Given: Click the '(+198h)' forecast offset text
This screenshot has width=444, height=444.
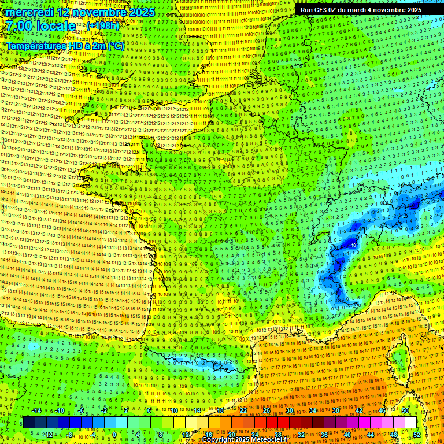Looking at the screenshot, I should click(x=103, y=26).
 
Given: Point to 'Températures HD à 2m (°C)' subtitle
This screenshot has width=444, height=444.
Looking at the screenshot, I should click(x=65, y=46).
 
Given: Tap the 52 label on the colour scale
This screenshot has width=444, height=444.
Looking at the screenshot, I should click(x=417, y=434).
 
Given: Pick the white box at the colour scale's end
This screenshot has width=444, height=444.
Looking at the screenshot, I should click(x=410, y=423).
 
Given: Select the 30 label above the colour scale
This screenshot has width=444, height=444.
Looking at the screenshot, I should click(x=289, y=410).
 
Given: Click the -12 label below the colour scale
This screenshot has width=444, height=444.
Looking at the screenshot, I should click(x=48, y=434).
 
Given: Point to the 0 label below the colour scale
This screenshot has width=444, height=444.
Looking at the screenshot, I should click(x=114, y=434).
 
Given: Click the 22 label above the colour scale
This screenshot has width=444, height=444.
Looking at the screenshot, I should click(x=243, y=410).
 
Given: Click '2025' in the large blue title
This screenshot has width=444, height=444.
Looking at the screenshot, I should click(x=142, y=12).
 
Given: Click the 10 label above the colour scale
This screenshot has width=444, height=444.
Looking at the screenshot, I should click(x=173, y=410).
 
